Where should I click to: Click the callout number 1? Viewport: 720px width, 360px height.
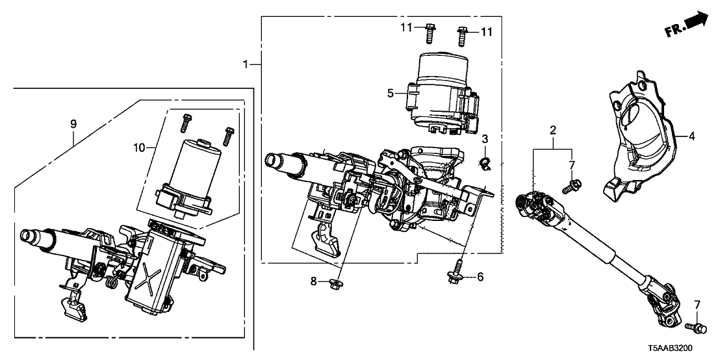246,64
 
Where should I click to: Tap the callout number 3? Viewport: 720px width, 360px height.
485,139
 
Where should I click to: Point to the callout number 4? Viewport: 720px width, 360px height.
691,136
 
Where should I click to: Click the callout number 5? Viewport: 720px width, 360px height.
391,93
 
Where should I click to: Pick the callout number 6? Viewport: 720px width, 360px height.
480,277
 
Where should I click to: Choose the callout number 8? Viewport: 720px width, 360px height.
313,281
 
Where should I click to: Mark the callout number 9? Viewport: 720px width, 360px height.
73,123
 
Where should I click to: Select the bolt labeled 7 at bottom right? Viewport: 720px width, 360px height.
693,328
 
